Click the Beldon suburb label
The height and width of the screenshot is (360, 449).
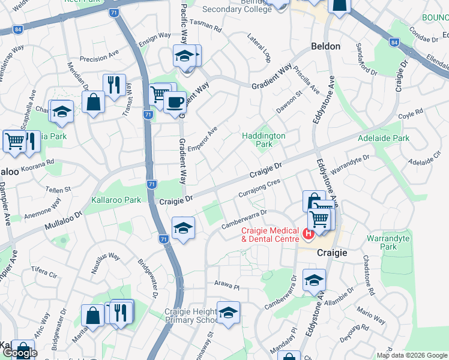click(326, 46)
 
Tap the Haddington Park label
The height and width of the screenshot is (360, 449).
click(264, 140)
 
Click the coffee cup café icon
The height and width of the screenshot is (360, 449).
click(175, 102)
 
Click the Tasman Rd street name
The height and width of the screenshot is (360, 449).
click(205, 26)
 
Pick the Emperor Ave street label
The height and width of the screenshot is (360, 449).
click(202, 139)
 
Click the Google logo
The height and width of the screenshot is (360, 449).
click(19, 352)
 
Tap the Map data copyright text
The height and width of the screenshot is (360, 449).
click(411, 355)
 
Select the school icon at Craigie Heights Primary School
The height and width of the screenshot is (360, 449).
click(228, 313)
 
